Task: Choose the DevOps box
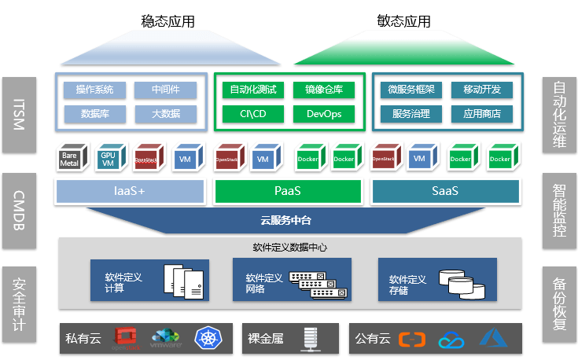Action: point(323,114)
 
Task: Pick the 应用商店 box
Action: point(481,114)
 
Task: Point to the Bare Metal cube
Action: point(69,158)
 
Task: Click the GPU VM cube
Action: point(108,158)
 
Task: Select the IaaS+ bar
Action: point(130,191)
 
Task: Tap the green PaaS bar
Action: point(288,191)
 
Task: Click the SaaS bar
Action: point(445,191)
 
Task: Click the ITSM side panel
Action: point(18,115)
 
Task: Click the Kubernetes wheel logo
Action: point(208,340)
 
